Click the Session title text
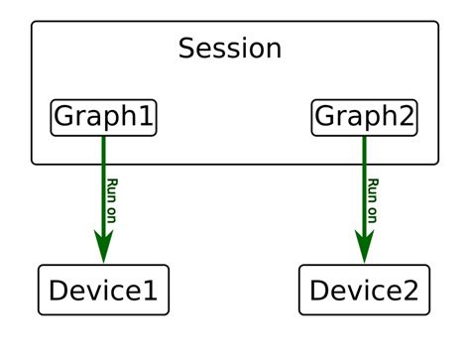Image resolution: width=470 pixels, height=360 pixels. point(230,49)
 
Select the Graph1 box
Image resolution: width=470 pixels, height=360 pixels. point(104,118)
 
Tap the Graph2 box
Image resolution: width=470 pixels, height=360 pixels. point(364,118)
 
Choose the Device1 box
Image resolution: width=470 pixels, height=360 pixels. point(103,290)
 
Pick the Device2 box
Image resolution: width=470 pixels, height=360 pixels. point(364,290)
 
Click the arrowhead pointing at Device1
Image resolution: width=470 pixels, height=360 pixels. point(103,248)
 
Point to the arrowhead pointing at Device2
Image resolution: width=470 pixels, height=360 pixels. point(364,248)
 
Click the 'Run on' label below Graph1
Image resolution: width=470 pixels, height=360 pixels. point(114,198)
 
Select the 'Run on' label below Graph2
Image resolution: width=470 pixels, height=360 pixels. point(374,198)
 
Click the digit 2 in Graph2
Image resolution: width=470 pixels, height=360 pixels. point(406,117)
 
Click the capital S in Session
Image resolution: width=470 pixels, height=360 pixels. point(186,49)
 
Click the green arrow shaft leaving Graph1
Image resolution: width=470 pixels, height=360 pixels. point(103,179)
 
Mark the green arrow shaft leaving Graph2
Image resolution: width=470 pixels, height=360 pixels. point(364,179)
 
